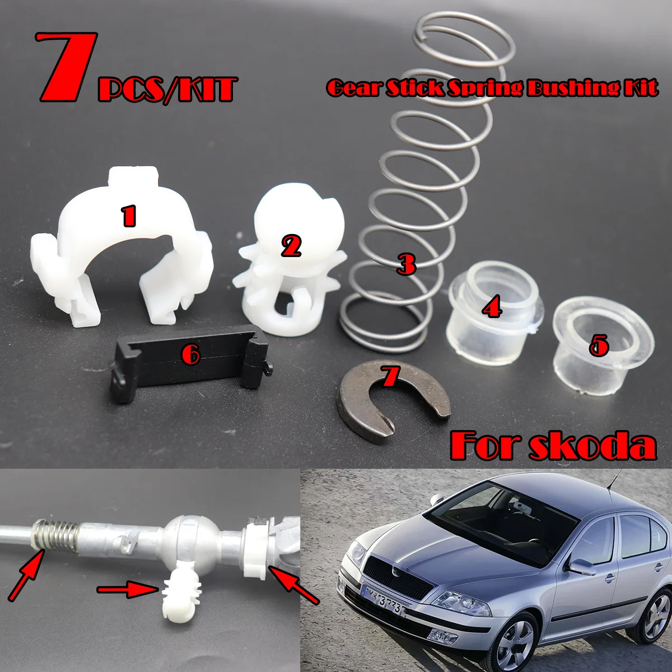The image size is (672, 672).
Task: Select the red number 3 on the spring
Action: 405,263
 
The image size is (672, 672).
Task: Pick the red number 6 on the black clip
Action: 191,354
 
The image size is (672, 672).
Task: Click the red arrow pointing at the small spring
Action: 25,574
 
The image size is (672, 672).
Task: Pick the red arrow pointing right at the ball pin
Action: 126,589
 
